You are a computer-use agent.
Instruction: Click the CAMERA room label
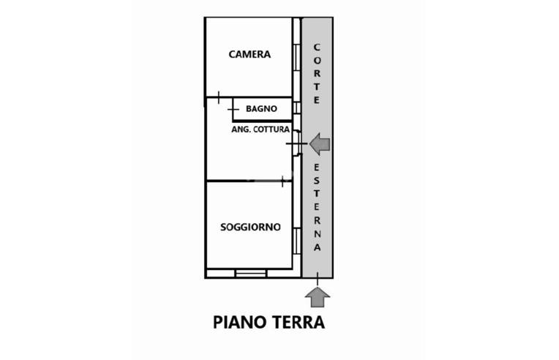coord(250,54)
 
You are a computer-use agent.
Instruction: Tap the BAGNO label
coord(261,109)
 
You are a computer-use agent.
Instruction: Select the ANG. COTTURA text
coord(260,130)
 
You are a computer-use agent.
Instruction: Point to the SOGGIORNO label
coord(250,227)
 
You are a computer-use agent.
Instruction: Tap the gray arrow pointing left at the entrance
coord(320,143)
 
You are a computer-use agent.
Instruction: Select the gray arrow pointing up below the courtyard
coord(318,297)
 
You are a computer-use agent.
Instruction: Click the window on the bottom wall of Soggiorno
coord(250,274)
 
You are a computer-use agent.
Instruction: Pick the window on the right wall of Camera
coord(296,57)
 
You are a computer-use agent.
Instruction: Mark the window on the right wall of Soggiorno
coord(296,241)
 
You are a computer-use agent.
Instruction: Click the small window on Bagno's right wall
coord(296,108)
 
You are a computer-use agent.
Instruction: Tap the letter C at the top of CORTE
coord(317,48)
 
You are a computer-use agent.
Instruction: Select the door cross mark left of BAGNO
coord(233,110)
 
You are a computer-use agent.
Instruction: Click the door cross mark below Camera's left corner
coord(219,97)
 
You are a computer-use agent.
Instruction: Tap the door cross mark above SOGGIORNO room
coord(282,180)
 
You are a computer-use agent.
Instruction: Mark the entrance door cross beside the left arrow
coord(297,144)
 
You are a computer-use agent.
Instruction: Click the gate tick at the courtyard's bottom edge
coord(318,277)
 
